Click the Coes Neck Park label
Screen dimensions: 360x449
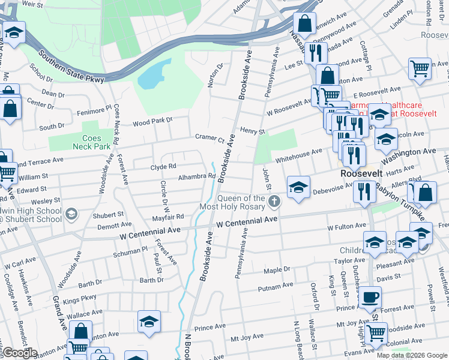pos(87,140)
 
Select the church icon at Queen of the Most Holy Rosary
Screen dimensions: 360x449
pos(274,201)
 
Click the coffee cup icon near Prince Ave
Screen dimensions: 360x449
pos(370,296)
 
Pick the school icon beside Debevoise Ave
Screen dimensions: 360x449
pos(298,187)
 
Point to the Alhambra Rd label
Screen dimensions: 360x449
pos(197,176)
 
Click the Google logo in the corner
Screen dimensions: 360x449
pos(19,353)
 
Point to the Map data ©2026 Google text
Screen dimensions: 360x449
pos(411,355)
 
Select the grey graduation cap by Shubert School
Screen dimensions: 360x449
pos(71,214)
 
